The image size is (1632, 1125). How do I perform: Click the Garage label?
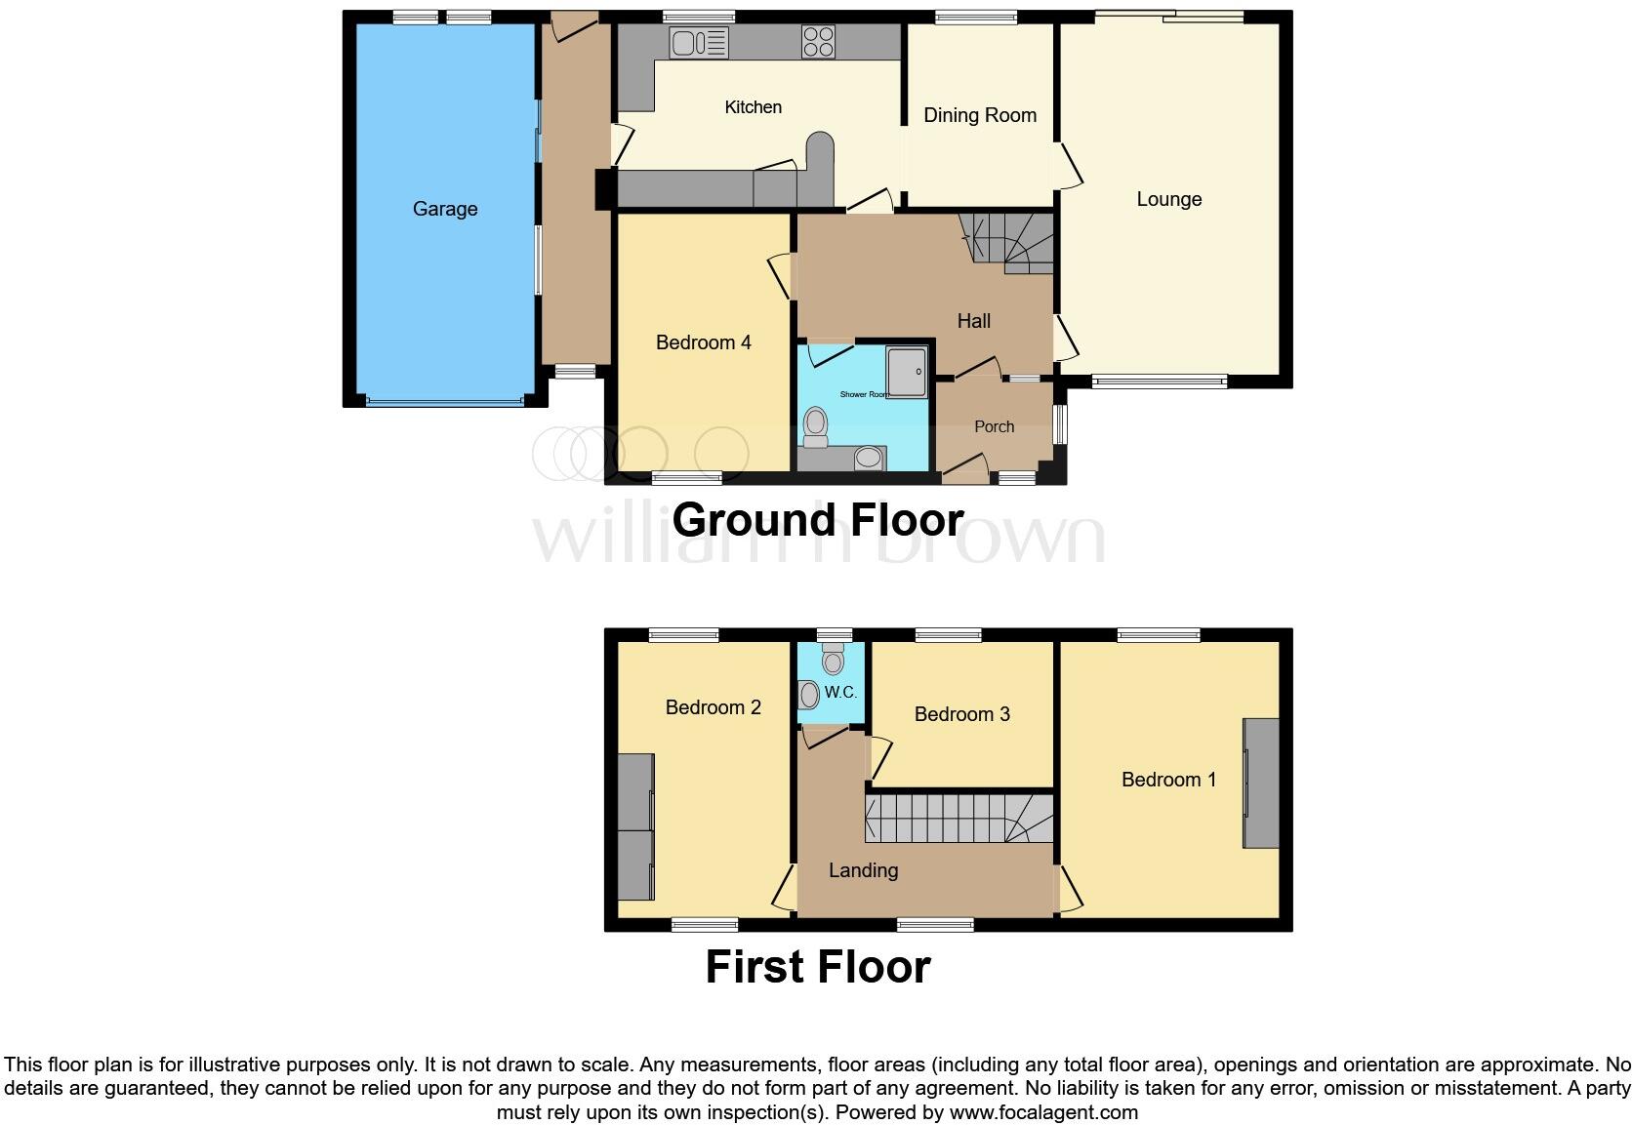click(x=444, y=209)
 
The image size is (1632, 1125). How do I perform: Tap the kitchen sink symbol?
click(x=699, y=42)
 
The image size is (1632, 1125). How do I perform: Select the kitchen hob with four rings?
click(x=818, y=41)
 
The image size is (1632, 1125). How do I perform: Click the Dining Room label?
click(x=979, y=115)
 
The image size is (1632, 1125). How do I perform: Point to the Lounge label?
click(x=1168, y=199)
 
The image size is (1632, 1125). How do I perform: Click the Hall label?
click(x=973, y=321)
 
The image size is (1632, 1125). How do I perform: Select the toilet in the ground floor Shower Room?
click(x=815, y=425)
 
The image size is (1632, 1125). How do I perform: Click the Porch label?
click(x=994, y=426)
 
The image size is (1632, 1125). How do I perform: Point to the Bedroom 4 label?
click(x=703, y=342)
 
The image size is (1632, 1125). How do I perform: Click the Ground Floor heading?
click(x=817, y=519)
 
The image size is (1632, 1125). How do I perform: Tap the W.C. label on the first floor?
click(x=840, y=693)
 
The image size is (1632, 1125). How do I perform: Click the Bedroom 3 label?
click(x=961, y=714)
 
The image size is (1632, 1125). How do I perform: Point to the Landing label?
click(x=863, y=870)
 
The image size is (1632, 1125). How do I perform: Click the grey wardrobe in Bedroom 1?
click(x=1260, y=783)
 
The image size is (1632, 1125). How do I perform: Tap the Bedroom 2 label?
click(x=713, y=707)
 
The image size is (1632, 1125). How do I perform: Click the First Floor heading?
click(x=817, y=967)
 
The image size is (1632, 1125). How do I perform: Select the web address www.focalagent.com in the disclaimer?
click(x=1042, y=1112)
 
